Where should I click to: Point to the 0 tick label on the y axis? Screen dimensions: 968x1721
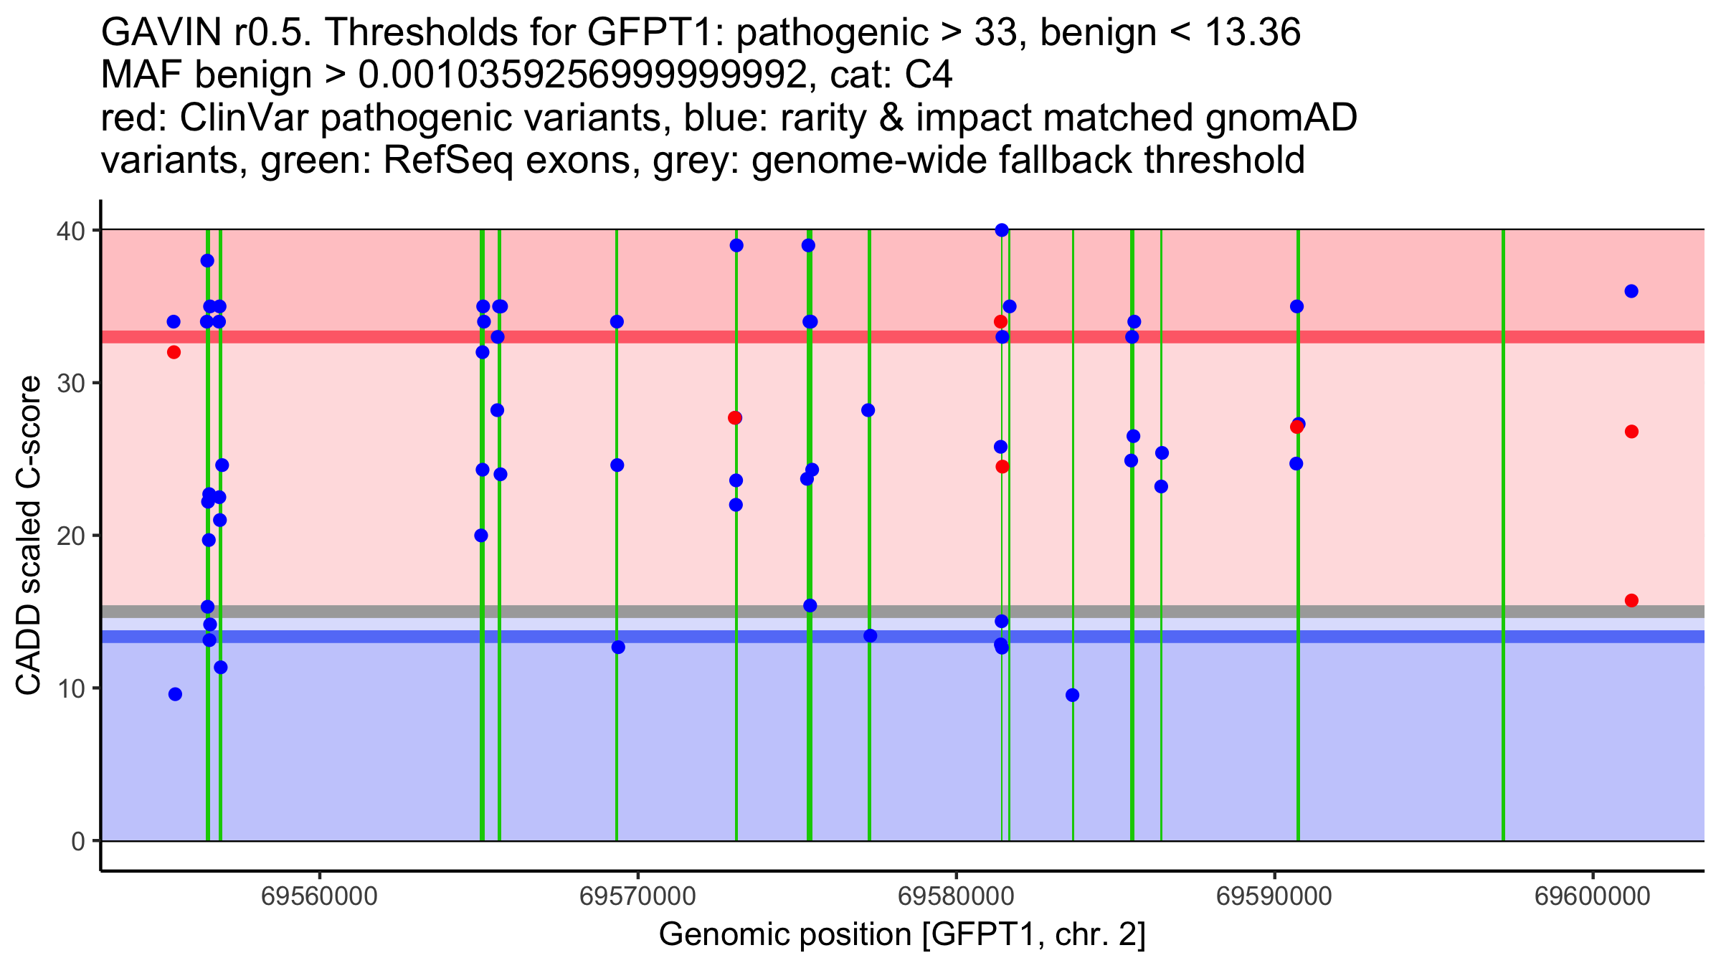point(77,841)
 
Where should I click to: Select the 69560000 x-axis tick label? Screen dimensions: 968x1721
point(319,896)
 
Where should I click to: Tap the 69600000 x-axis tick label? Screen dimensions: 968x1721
point(1593,896)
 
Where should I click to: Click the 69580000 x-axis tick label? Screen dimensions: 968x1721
point(956,896)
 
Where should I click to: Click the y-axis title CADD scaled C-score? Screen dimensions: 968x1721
point(29,536)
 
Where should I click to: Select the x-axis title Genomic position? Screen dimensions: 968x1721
point(902,934)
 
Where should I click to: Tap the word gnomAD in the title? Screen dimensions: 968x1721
point(1281,118)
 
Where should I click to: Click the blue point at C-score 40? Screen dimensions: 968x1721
point(1002,230)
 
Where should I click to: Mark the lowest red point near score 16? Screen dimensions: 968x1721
point(1631,600)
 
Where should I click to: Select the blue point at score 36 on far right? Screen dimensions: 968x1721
point(1631,291)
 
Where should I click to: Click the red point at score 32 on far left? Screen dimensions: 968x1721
point(174,352)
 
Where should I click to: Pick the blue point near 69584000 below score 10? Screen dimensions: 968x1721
point(1072,695)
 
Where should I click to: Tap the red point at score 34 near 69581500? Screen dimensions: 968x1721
point(1000,322)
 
